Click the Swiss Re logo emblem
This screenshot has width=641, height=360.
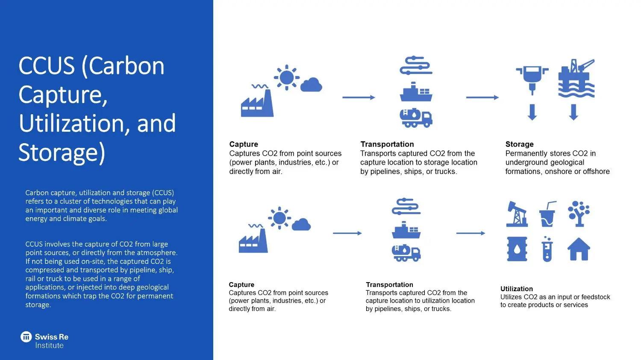click(26, 337)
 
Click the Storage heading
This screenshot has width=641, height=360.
click(519, 144)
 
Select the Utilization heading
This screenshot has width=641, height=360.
click(516, 289)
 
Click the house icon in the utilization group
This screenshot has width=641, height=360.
click(579, 249)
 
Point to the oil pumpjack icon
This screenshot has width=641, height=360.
click(517, 213)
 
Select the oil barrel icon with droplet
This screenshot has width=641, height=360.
click(517, 249)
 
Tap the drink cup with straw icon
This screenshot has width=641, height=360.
click(547, 214)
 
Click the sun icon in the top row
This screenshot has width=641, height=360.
click(286, 78)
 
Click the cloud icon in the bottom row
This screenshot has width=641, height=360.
click(301, 224)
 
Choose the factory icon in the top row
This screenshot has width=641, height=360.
click(257, 103)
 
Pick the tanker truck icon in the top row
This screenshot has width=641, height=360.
click(416, 118)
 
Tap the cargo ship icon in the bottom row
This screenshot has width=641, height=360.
click(406, 230)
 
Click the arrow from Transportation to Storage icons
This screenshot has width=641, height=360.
click(482, 97)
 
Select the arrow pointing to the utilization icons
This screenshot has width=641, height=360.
click(470, 233)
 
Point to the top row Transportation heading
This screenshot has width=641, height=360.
click(387, 144)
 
